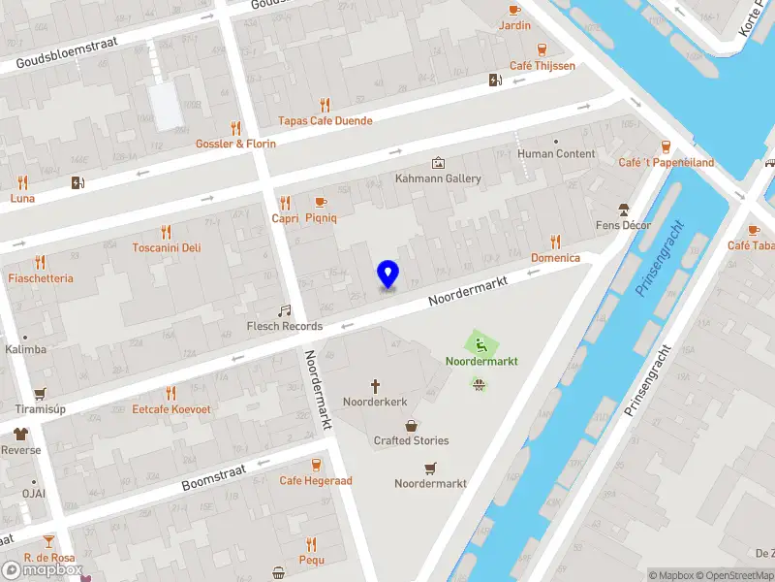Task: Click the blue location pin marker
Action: [387, 274]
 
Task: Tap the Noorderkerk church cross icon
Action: [376, 386]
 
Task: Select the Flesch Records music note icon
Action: [284, 311]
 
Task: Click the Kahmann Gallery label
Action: [438, 178]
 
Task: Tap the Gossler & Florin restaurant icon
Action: [234, 128]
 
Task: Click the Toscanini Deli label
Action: [167, 247]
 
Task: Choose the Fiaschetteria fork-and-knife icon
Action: [40, 262]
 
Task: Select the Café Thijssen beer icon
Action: [542, 49]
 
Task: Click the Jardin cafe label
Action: [514, 25]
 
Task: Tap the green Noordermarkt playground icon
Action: [481, 343]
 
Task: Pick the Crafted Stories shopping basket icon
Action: [412, 425]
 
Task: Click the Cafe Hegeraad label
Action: [316, 480]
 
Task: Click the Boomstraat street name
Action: [213, 477]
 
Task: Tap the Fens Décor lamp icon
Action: [624, 210]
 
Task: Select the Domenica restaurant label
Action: [555, 258]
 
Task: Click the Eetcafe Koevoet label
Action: [171, 409]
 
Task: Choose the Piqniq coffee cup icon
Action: [321, 202]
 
